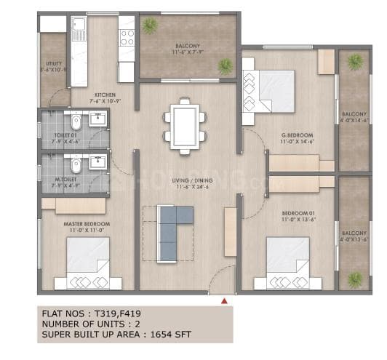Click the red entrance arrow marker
(x=224, y=298)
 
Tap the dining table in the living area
(x=183, y=127)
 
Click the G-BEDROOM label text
(x=298, y=135)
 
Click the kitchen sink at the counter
(x=79, y=31)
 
